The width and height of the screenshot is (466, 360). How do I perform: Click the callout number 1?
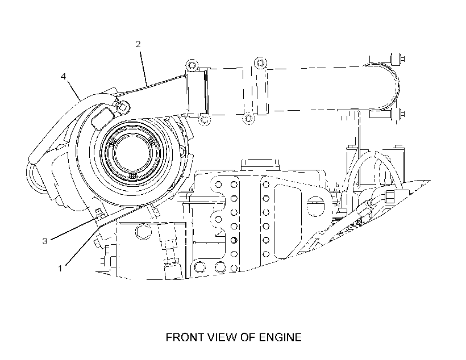pyautogui.click(x=60, y=268)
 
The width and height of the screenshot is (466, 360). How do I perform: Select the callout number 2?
pyautogui.click(x=138, y=44)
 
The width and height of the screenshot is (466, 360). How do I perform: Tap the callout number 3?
pyautogui.click(x=44, y=241)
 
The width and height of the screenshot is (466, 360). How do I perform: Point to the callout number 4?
pyautogui.click(x=63, y=76)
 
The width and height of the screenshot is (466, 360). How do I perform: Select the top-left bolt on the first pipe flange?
pyautogui.click(x=192, y=65)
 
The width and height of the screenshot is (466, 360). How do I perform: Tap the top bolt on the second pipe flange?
pyautogui.click(x=260, y=62)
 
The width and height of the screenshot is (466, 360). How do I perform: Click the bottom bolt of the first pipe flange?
pyautogui.click(x=204, y=119)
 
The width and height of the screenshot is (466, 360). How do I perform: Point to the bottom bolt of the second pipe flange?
pyautogui.click(x=249, y=118)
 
